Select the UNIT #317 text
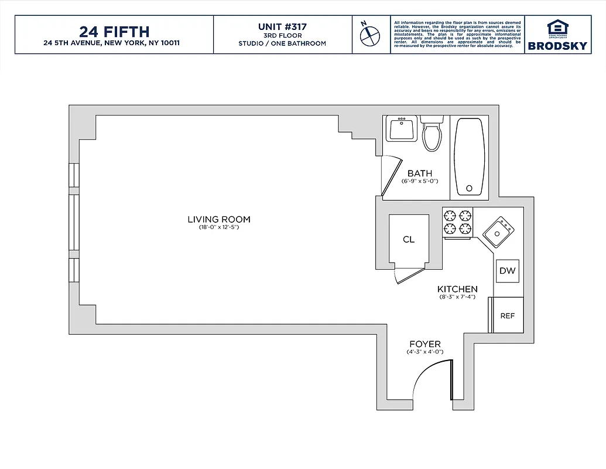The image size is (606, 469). tap(282, 26)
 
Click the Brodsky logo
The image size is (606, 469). tap(557, 35)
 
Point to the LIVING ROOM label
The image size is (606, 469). tap(218, 219)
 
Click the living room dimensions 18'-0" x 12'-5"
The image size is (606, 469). tap(218, 227)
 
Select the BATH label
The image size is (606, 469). tap(420, 173)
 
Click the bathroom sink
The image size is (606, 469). tap(402, 128)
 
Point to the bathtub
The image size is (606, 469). tap(469, 157)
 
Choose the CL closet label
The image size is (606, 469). tap(409, 239)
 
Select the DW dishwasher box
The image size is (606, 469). tap(507, 271)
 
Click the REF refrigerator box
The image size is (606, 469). tap(507, 315)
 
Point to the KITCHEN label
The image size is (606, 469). tap(457, 289)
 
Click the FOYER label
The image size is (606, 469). tap(424, 344)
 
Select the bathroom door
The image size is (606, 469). tap(389, 176)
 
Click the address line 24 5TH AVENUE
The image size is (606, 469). tap(114, 43)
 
